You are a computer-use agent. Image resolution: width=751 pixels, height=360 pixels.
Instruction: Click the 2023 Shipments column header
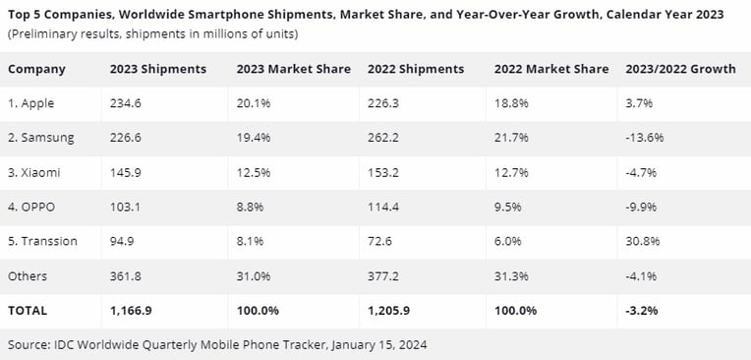(158, 69)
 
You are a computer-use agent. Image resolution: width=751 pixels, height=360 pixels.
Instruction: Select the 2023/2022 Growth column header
(680, 69)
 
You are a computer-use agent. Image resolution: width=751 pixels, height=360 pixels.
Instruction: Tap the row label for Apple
(31, 103)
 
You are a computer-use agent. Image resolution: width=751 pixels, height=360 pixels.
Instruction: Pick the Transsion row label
(42, 241)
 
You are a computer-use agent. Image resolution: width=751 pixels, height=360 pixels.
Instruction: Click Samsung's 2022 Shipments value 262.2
(383, 138)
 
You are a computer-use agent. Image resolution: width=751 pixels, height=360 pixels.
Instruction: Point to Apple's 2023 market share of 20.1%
(254, 103)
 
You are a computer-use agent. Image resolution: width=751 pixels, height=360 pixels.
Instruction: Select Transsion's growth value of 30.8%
(642, 241)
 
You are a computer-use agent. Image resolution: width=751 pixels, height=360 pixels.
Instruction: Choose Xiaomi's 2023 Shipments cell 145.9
(126, 172)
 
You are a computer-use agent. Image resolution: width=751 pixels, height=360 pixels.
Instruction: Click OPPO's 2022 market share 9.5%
(508, 207)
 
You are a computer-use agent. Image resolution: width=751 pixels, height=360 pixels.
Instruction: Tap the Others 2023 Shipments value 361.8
(126, 276)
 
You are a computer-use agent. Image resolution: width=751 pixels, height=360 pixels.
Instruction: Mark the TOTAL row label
(28, 311)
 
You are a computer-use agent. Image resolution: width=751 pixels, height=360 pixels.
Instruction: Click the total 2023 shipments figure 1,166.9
(131, 311)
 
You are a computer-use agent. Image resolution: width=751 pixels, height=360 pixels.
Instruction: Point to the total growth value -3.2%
(641, 311)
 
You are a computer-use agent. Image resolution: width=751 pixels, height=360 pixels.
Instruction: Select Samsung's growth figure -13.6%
(645, 138)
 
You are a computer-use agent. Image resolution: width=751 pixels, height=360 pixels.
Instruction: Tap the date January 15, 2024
(378, 344)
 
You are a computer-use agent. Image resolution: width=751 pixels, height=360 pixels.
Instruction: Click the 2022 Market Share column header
(551, 69)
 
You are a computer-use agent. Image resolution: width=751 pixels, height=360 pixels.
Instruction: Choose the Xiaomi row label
(34, 172)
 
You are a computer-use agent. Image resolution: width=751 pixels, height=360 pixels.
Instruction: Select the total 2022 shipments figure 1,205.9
(388, 311)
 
